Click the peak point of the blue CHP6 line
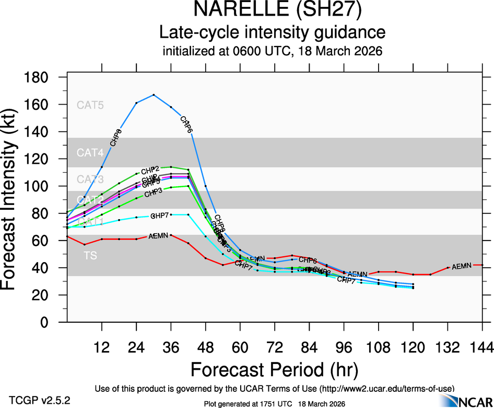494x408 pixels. [x=154, y=95]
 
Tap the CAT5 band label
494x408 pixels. [x=90, y=105]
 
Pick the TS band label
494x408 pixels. [x=90, y=256]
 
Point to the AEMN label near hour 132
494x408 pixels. [x=462, y=267]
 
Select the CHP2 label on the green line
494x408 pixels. [x=150, y=169]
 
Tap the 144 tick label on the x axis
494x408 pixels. [x=481, y=347]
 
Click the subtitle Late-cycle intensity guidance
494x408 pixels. [x=272, y=32]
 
